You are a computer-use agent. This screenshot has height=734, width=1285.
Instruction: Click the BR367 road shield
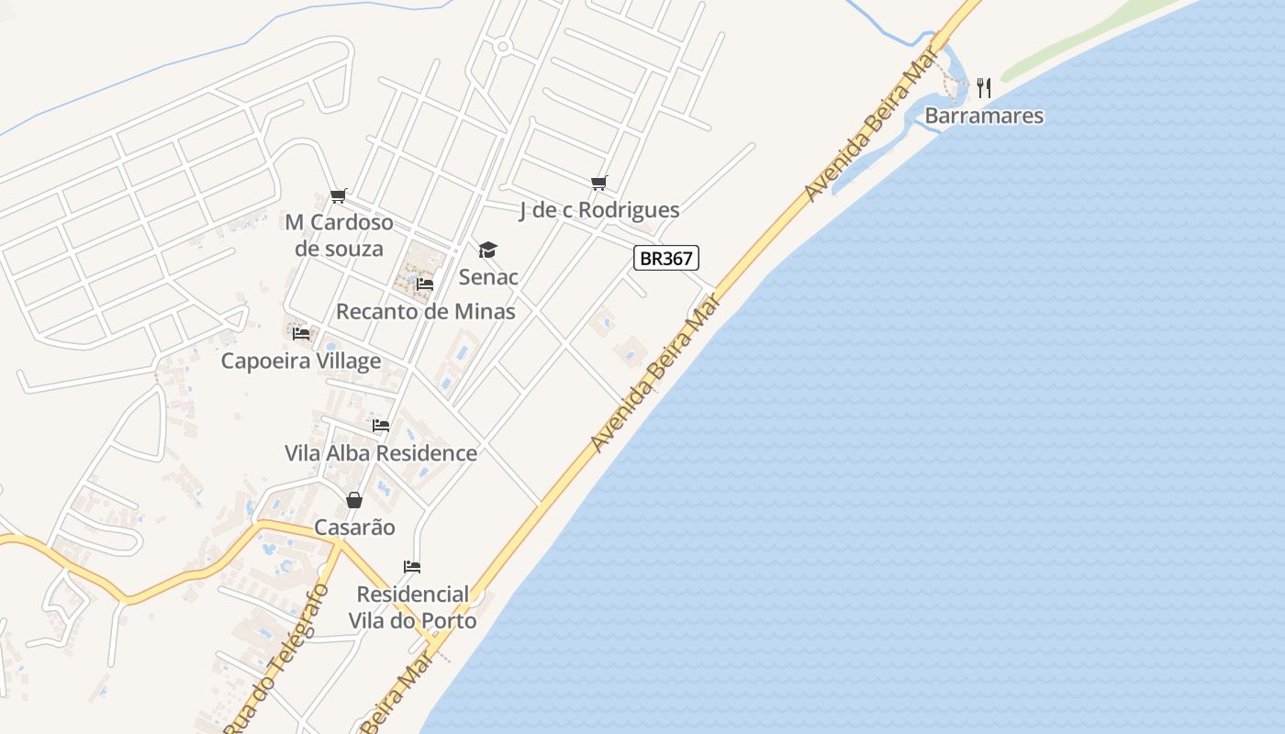(666, 259)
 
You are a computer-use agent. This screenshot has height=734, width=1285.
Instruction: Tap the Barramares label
(984, 116)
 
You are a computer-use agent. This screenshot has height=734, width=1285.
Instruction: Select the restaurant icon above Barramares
(984, 88)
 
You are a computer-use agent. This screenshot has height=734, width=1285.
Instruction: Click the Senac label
(488, 276)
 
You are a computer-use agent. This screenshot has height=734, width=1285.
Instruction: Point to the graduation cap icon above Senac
(487, 250)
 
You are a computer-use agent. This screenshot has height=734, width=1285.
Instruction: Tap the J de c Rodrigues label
(599, 210)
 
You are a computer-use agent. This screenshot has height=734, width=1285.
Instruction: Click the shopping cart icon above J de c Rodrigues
(599, 183)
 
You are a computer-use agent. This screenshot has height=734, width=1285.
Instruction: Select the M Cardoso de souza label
(339, 236)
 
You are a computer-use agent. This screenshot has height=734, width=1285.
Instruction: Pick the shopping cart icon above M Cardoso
(339, 195)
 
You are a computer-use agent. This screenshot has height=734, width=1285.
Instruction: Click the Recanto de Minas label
(425, 311)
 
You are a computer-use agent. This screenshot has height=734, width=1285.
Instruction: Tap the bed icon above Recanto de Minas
(424, 284)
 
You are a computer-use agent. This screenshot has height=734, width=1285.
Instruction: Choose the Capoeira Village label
(301, 361)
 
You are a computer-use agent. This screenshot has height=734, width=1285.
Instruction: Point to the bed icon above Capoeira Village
(301, 333)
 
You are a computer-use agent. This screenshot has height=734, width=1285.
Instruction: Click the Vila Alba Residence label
(381, 453)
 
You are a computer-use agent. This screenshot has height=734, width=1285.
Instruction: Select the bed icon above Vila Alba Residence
(381, 426)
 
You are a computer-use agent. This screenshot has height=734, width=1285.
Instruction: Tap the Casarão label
(354, 528)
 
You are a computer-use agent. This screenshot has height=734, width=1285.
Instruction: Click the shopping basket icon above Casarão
(354, 500)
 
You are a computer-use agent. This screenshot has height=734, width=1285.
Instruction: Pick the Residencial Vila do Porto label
(412, 607)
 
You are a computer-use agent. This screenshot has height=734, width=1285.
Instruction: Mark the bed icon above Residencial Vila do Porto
(412, 567)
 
